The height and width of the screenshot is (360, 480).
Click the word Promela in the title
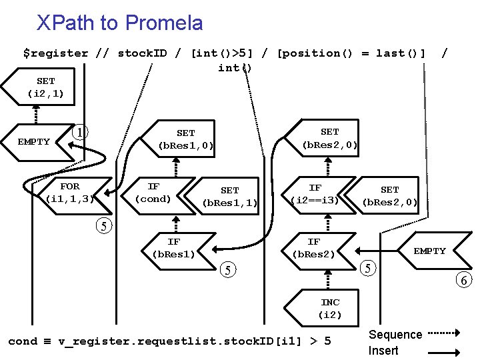(x=164, y=23)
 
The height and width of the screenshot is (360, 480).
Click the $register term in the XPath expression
(x=56, y=53)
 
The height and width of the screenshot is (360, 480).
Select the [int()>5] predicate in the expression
(x=222, y=53)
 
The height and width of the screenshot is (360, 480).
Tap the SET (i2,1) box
(x=38, y=87)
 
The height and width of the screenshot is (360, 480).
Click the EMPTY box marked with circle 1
(x=37, y=143)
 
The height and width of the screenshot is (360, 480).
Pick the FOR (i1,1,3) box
(x=75, y=195)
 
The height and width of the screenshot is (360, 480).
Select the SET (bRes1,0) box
(x=178, y=139)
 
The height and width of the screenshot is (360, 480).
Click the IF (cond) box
(x=158, y=195)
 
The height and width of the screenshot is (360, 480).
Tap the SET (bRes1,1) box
(x=222, y=196)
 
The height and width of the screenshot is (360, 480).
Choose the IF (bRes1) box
(x=179, y=251)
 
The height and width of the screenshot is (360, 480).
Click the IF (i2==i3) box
(x=319, y=195)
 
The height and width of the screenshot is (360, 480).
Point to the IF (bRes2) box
(x=319, y=251)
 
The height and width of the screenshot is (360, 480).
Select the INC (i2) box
(x=321, y=307)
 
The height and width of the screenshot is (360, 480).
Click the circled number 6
(x=464, y=280)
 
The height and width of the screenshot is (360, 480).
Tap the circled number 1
(x=80, y=133)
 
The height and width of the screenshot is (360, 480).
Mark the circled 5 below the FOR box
(x=104, y=226)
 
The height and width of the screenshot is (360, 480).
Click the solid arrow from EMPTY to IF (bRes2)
(x=377, y=251)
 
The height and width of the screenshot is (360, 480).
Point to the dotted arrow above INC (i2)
(x=328, y=279)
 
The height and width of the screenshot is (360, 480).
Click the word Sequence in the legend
(x=395, y=334)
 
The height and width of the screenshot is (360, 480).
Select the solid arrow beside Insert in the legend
(x=444, y=353)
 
